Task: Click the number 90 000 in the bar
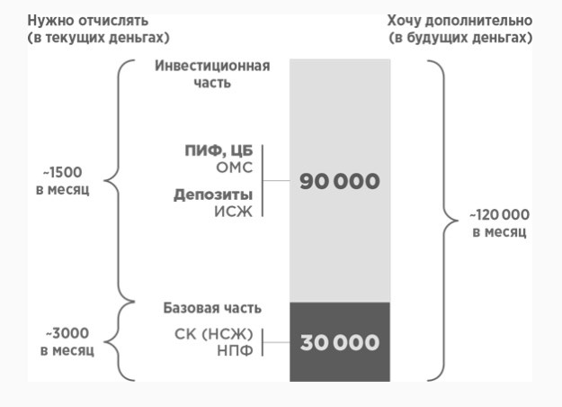tap(340, 181)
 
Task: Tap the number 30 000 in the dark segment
tap(340, 343)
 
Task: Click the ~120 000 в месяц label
tap(499, 223)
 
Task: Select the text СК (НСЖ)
tap(215, 334)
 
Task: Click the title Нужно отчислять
tap(86, 20)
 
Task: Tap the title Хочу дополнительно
tap(459, 20)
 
